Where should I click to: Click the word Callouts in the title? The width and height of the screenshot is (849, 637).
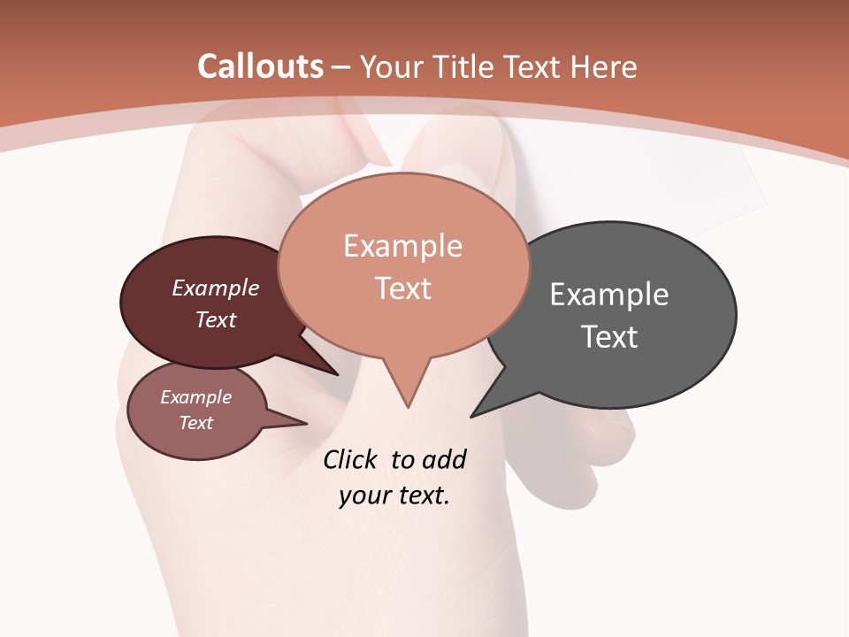point(260,66)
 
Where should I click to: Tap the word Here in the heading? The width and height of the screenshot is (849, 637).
point(604,66)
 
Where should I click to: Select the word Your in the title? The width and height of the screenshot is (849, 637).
point(392,67)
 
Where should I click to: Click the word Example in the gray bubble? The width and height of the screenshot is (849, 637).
point(609,295)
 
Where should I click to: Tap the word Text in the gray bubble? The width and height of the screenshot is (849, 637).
point(609,337)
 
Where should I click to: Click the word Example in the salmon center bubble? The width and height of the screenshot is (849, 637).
point(402,246)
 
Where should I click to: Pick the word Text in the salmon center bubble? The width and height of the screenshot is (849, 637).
point(403,288)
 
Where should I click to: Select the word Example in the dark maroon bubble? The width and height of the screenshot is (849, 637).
point(216,288)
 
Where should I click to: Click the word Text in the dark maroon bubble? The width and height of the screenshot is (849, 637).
point(216,320)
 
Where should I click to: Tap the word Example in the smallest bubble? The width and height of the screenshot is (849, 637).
point(195,397)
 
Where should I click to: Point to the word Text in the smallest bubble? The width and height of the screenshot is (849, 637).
point(195,423)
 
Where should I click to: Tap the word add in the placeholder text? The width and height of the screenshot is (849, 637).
point(443,460)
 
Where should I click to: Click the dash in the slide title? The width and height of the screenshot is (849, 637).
point(342,67)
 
